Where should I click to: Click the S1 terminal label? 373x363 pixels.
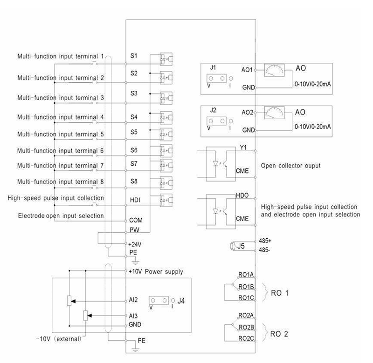tap(134, 56)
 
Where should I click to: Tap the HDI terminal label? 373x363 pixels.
tap(135, 200)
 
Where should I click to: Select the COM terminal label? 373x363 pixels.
tap(136, 220)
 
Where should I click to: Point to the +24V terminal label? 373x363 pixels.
tap(135, 244)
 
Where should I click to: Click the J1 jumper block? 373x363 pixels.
tap(216, 78)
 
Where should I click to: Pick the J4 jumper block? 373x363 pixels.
tap(159, 301)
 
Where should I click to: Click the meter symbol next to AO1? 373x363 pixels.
tap(274, 70)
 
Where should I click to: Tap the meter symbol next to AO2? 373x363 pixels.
tap(274, 113)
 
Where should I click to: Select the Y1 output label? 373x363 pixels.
tap(243, 148)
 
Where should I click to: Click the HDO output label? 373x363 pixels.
tap(242, 195)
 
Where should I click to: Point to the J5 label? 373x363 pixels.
tap(241, 246)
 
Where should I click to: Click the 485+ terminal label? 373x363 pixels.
tap(265, 241)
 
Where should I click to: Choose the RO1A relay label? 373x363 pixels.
tap(246, 275)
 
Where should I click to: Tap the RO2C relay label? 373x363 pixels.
tap(246, 338)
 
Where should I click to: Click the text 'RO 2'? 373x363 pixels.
tap(279, 334)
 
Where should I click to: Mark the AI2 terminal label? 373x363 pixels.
tap(133, 300)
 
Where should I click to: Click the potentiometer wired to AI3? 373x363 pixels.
tap(86, 316)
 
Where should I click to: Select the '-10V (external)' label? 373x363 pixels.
tap(59, 339)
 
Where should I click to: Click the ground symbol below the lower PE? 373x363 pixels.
tap(135, 349)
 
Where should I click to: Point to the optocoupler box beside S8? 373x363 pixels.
tap(166, 183)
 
